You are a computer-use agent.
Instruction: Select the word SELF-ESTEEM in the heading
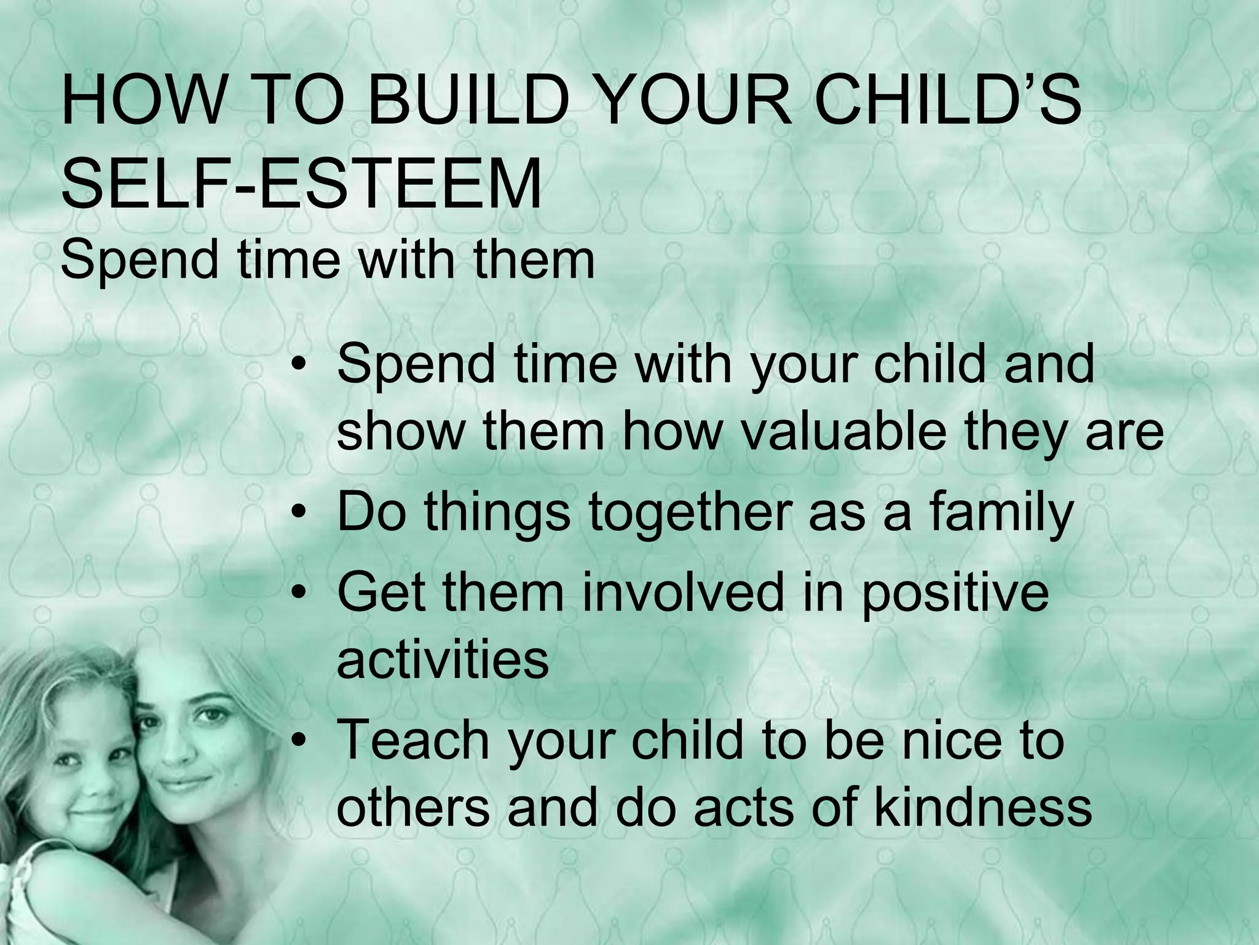301,183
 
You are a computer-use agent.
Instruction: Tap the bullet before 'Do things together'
299,514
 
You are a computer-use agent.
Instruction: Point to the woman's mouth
182,784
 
